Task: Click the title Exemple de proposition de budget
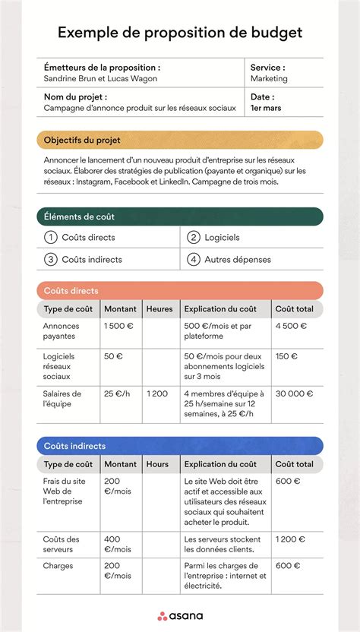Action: tap(180, 33)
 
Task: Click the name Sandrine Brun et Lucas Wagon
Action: tap(102, 78)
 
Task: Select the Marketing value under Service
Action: tap(269, 78)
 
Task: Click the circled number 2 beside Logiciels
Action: tap(194, 238)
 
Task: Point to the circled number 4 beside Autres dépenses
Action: tap(194, 259)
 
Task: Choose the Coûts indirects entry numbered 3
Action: tap(91, 259)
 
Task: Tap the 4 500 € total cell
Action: tap(291, 326)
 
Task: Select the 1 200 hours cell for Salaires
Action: tap(157, 393)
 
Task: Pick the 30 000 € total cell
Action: tap(294, 393)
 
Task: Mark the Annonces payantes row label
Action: tap(62, 331)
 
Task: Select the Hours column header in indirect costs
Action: tap(158, 464)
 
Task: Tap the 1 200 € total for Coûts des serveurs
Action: tap(290, 539)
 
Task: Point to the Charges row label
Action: tap(58, 566)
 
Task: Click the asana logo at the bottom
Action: tap(180, 615)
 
